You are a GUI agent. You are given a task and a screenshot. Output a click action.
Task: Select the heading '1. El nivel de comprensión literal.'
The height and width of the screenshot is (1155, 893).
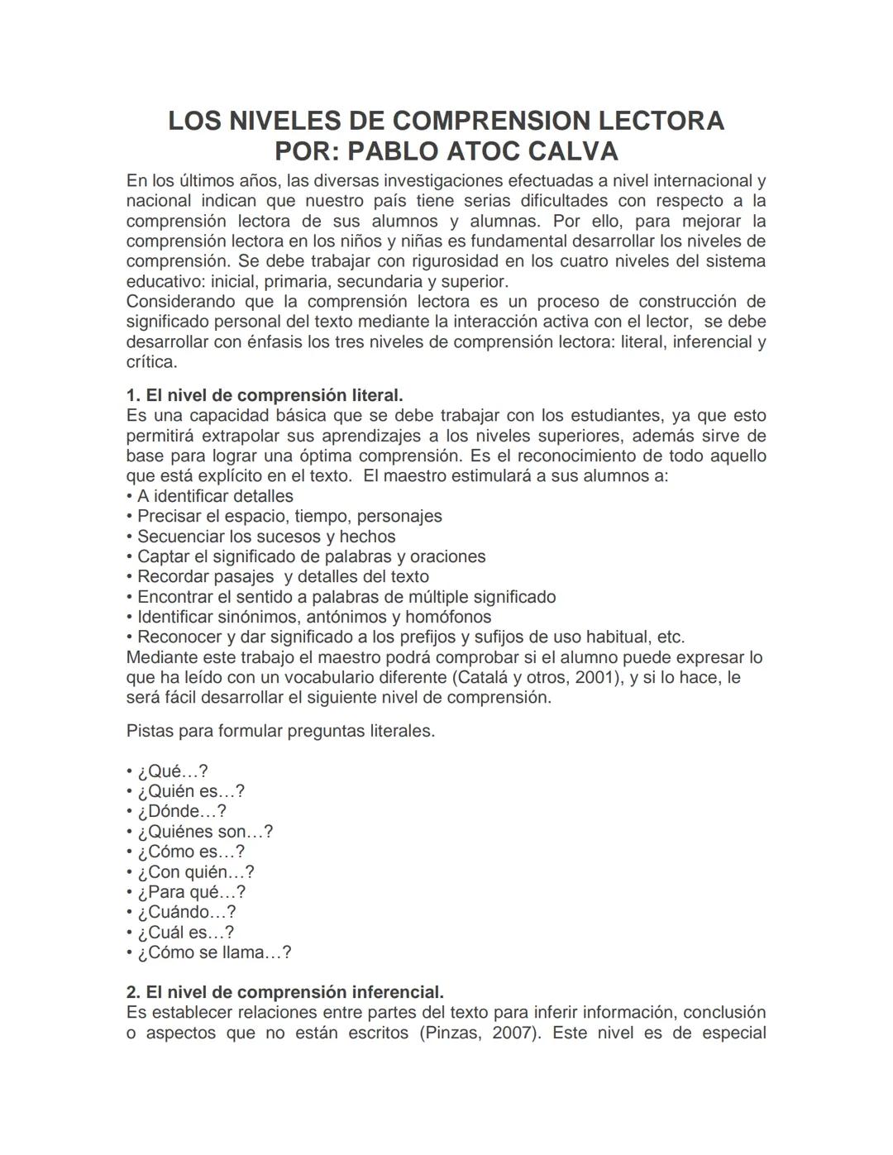tap(265, 395)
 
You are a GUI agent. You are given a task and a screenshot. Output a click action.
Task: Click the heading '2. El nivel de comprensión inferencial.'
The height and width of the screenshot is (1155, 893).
tap(285, 992)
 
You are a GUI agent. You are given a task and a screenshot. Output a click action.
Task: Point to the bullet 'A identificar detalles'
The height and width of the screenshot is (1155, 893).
tap(215, 496)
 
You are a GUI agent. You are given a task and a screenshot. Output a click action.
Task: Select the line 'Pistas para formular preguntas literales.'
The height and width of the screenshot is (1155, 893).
tap(280, 731)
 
